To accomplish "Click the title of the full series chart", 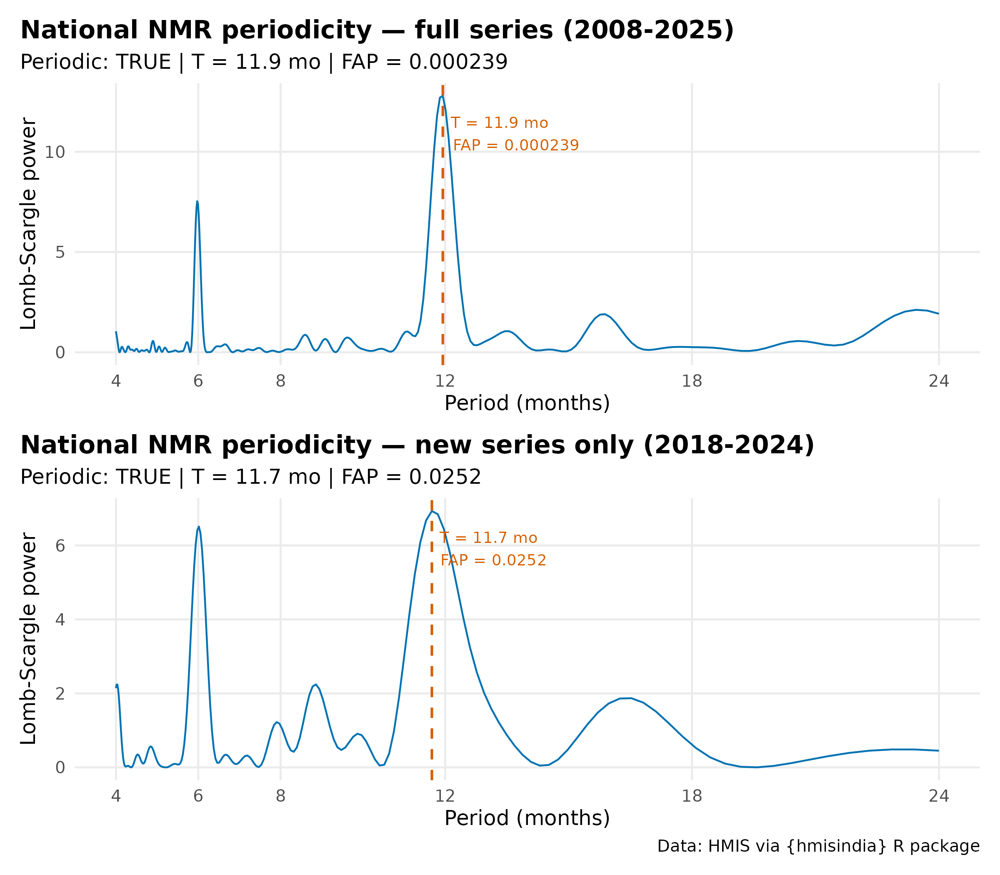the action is coord(377,30).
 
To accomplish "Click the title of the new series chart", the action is coord(417,445).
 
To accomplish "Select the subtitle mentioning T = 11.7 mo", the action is coord(256,477).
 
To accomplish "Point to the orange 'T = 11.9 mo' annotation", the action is coord(500,123).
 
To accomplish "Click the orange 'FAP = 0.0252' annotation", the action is coord(493,560).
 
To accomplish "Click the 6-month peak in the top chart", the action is coord(197,201).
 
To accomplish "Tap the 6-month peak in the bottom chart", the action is coord(199,527).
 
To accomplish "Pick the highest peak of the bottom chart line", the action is coord(432,511).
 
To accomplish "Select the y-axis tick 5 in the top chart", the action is coord(60,252).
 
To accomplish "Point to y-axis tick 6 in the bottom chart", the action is coord(60,546).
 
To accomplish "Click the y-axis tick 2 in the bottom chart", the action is coord(60,694).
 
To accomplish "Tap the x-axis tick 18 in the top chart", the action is coord(692,381).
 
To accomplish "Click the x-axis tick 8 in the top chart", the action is coord(280,381).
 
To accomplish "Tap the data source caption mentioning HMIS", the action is coord(818,846).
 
